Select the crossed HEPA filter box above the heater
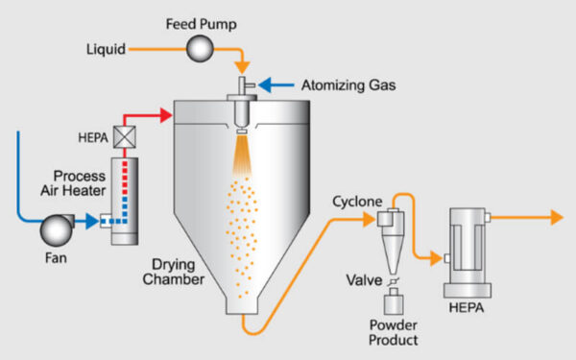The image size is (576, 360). (124, 137)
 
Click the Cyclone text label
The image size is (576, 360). (357, 203)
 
